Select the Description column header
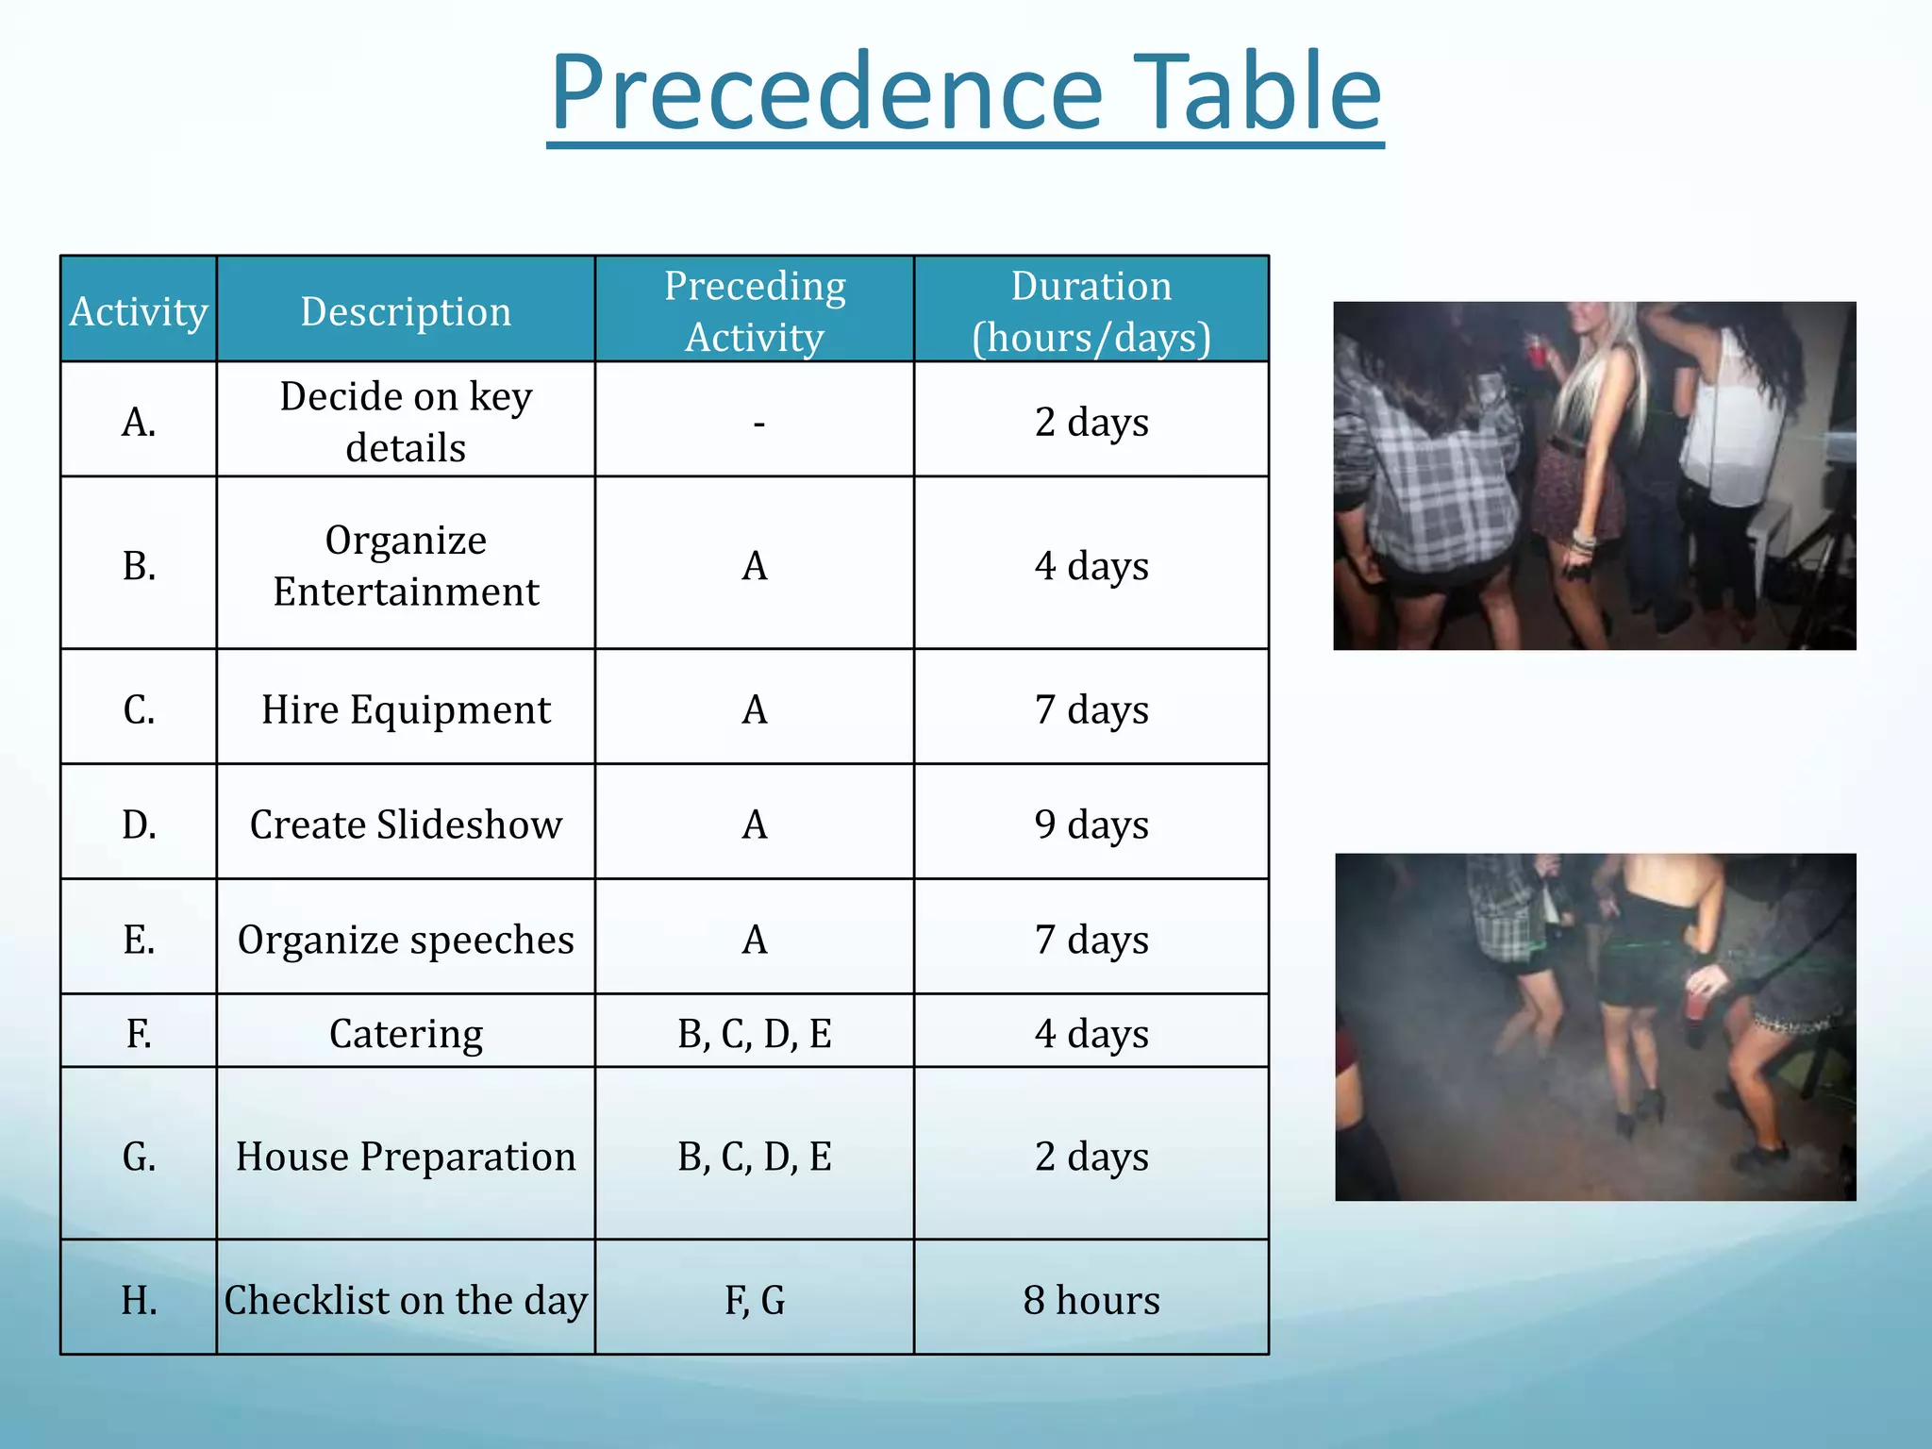(406, 311)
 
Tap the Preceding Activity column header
(755, 311)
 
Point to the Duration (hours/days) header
(1091, 311)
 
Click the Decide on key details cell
(406, 421)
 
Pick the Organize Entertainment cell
(406, 565)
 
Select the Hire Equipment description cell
(406, 709)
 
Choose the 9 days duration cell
(1091, 824)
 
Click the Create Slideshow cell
(406, 824)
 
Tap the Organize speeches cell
(406, 940)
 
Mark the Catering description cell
(406, 1034)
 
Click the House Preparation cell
(406, 1157)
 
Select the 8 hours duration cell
(1091, 1300)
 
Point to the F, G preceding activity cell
(755, 1300)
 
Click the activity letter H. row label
(139, 1300)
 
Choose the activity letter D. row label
(139, 824)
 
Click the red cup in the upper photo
(1536, 352)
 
